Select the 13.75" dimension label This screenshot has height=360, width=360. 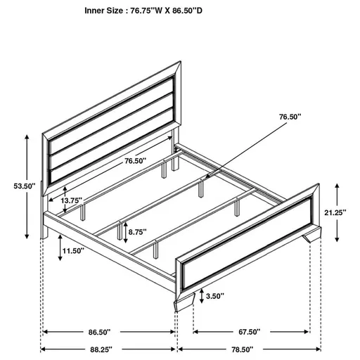(74, 200)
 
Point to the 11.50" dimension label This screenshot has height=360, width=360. (72, 250)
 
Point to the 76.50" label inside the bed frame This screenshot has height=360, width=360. (135, 161)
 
